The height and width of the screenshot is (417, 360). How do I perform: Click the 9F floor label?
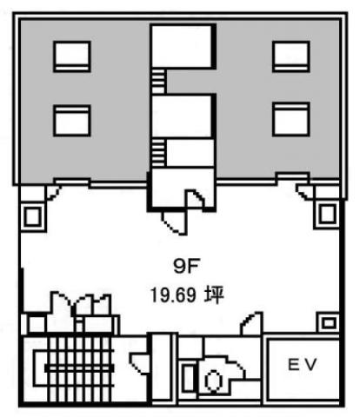click(187, 266)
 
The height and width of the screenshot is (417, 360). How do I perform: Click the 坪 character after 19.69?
click(214, 295)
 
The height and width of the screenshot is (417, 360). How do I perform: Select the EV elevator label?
click(302, 365)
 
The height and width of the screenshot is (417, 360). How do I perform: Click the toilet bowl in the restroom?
click(214, 380)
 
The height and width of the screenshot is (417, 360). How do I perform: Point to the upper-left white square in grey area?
click(72, 56)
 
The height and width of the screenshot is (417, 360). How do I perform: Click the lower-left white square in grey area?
click(72, 121)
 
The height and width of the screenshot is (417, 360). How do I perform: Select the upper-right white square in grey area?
click(291, 56)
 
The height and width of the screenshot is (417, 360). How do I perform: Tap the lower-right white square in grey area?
click(291, 119)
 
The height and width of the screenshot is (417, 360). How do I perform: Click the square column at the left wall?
click(32, 216)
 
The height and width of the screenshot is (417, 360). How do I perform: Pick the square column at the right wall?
click(327, 214)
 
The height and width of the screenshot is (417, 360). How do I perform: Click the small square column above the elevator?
click(329, 322)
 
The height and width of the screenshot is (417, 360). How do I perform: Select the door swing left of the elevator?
click(251, 324)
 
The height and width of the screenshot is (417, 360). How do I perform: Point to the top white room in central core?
click(183, 47)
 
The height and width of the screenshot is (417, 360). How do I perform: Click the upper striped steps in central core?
click(158, 81)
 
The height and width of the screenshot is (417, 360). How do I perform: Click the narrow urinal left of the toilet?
click(189, 379)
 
